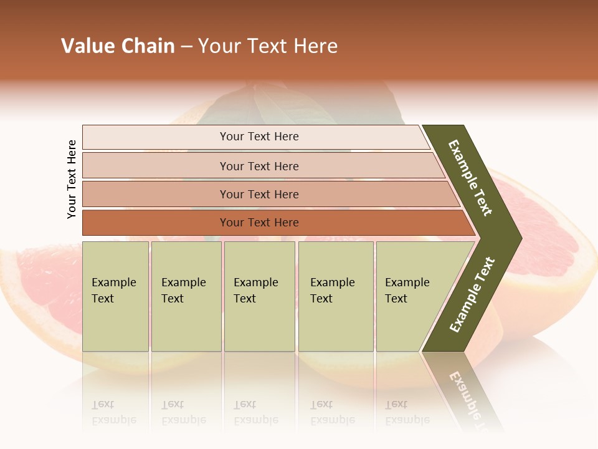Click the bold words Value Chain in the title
click(x=118, y=46)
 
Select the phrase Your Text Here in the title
click(x=268, y=46)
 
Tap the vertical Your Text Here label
click(x=72, y=179)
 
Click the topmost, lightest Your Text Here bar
click(x=259, y=137)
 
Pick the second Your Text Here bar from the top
click(x=259, y=166)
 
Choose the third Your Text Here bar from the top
click(x=259, y=194)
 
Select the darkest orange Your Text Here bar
click(x=259, y=223)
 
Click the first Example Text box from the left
click(x=115, y=296)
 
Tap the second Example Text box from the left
click(x=186, y=296)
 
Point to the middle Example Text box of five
click(x=259, y=296)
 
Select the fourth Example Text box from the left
click(x=335, y=296)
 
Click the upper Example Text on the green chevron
click(x=470, y=178)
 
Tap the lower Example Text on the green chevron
click(x=472, y=294)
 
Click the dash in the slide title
click(x=186, y=47)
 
